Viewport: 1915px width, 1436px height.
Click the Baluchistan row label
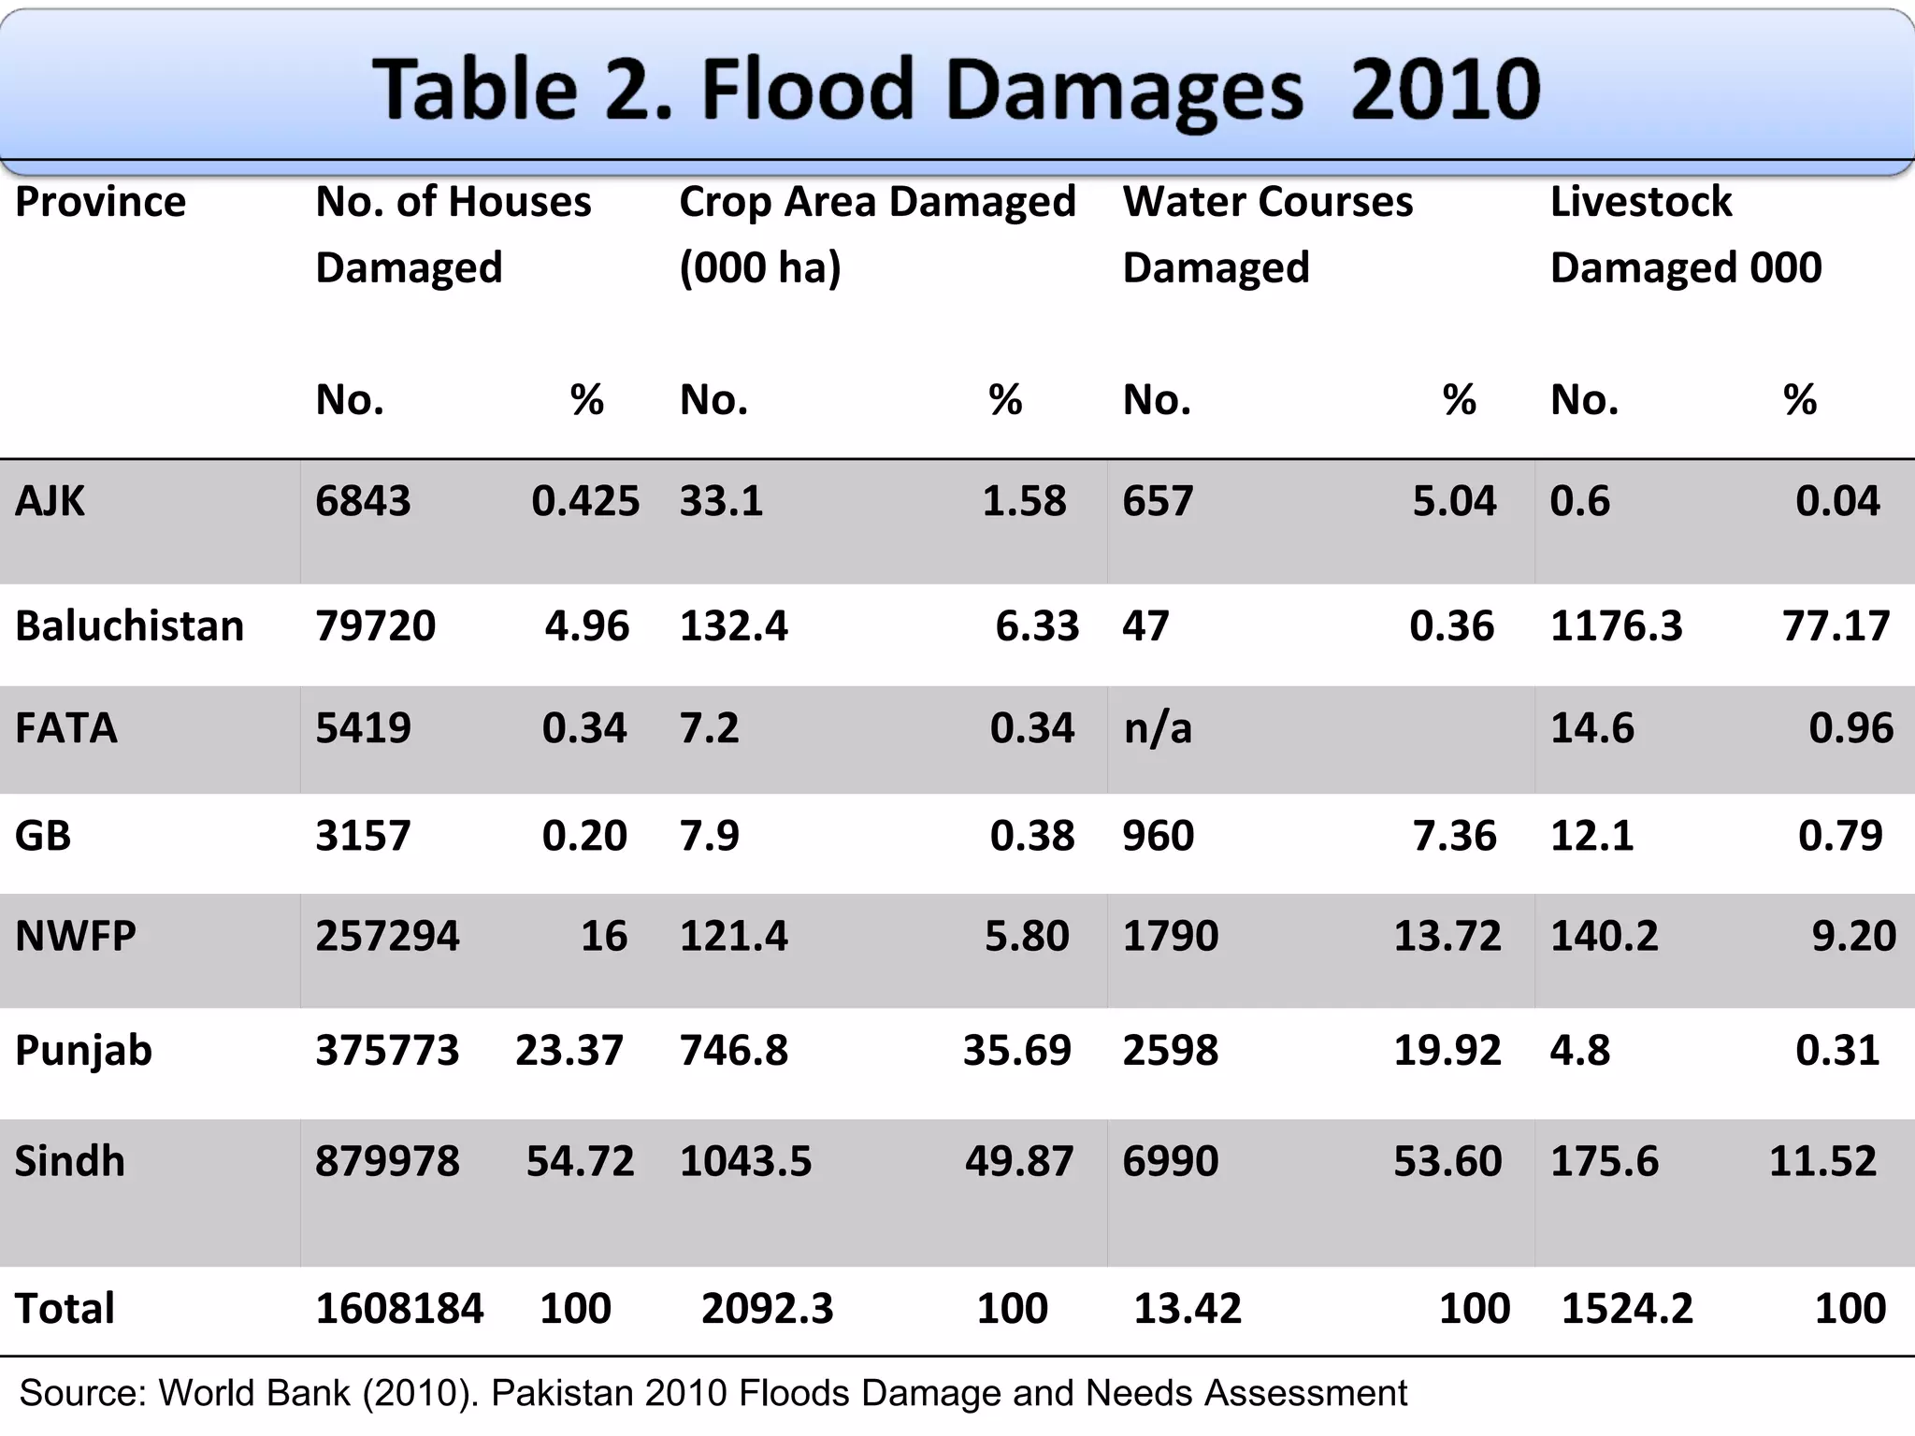(129, 625)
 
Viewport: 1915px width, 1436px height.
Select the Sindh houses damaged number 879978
(387, 1161)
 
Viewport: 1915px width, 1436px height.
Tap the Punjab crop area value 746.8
(734, 1051)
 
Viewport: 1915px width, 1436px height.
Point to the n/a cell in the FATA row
(1158, 728)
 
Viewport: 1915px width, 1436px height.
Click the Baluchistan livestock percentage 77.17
(1836, 625)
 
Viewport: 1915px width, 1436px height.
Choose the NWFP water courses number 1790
(1170, 936)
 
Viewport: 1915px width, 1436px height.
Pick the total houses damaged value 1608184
(399, 1308)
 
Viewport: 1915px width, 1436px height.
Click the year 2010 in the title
(1445, 90)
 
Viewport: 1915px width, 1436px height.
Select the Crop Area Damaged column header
(877, 234)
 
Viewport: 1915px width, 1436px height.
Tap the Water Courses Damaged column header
(1267, 234)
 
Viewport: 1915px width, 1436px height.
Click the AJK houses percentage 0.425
(585, 501)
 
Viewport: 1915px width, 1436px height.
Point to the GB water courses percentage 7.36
(1454, 836)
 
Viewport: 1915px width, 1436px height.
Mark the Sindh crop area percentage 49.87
(1019, 1161)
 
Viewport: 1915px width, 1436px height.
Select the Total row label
(65, 1308)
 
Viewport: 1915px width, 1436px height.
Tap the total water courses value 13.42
(1188, 1308)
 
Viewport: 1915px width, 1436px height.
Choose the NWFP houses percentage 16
(603, 936)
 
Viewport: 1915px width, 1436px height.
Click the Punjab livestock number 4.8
(1579, 1051)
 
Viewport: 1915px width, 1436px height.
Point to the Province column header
(100, 202)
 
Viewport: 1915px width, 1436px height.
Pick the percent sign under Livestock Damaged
(1799, 400)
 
